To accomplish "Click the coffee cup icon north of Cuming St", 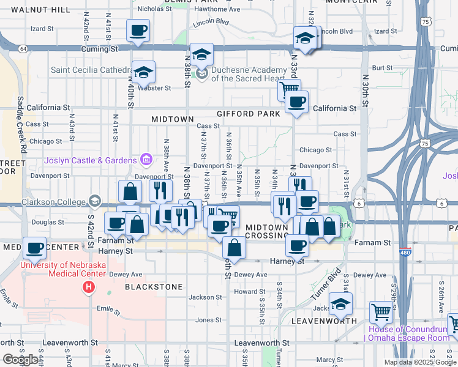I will point(138,30).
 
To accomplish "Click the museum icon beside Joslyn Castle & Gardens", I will point(146,160).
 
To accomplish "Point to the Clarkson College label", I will point(54,201).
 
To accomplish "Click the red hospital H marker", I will point(89,286).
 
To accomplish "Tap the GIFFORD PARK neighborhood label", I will point(248,114).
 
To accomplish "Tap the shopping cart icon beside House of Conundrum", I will point(381,312).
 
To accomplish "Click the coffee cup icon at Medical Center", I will point(34,248).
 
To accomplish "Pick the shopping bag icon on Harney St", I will point(235,248).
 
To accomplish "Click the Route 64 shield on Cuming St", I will point(23,48).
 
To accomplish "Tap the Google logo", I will point(20,360).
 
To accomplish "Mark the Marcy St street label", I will point(329,360).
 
